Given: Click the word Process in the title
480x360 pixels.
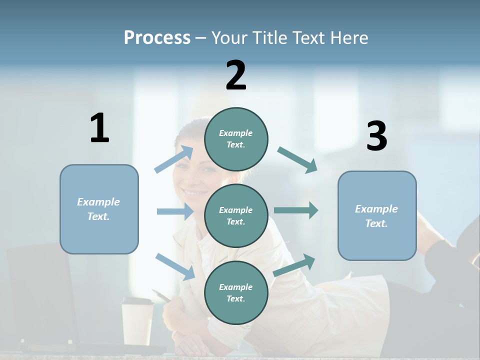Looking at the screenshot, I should (157, 37).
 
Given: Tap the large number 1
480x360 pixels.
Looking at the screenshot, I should (99, 128).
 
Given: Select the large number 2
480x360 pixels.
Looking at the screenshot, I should (236, 75).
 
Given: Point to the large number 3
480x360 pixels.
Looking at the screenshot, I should (376, 136).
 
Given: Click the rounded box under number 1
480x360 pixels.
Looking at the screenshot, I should (99, 209).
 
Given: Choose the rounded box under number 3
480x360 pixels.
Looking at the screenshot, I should (377, 215).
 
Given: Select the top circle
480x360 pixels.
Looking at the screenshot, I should (236, 139).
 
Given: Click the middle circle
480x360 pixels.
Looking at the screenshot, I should (236, 215).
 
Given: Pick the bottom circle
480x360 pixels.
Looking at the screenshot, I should (236, 292).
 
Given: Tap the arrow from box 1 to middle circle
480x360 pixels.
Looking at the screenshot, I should (175, 211).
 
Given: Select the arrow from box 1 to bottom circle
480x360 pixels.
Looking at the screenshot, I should (175, 266).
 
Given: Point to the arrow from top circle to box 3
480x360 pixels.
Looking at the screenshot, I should (297, 159).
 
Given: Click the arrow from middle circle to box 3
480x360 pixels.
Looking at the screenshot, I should (296, 210).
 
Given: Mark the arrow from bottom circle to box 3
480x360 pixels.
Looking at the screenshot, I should (294, 265).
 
